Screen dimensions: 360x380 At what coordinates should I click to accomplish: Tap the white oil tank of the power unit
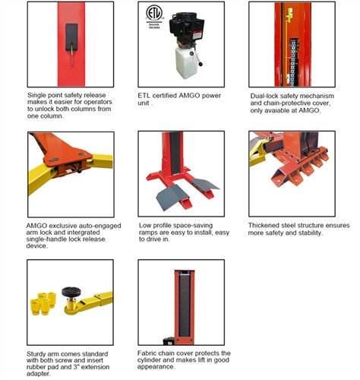[186, 62]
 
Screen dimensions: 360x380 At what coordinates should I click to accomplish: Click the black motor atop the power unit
[188, 27]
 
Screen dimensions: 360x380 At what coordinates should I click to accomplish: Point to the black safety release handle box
[71, 37]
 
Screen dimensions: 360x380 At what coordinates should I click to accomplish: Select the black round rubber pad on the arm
[71, 292]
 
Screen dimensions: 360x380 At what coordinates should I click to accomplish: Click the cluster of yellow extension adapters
[43, 303]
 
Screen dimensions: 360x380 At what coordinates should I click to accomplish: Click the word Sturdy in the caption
[35, 354]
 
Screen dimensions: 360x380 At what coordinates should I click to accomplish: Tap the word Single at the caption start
[36, 95]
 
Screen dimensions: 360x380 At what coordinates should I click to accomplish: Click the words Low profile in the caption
[154, 226]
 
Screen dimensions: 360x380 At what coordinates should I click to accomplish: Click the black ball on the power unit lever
[201, 65]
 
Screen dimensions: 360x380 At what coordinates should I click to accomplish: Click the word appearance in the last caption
[156, 367]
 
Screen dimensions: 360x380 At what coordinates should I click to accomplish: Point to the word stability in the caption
[311, 233]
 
